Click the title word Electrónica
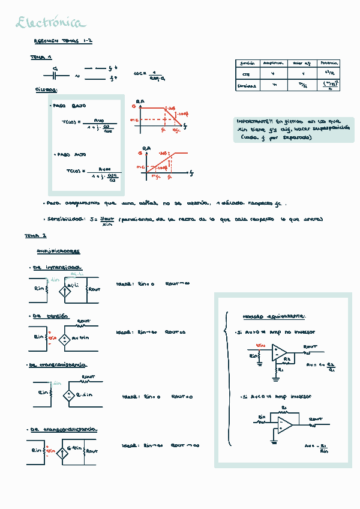(50, 23)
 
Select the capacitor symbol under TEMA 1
(55, 76)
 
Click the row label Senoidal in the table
(247, 85)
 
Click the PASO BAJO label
(69, 106)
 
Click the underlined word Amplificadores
(58, 251)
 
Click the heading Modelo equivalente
(274, 316)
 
